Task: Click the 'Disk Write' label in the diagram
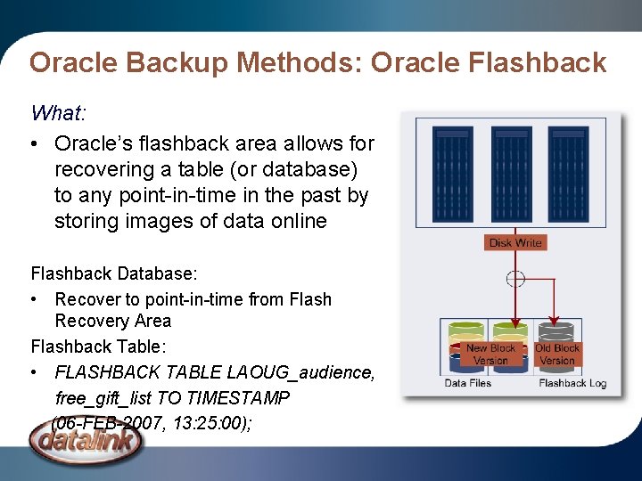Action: pyautogui.click(x=515, y=242)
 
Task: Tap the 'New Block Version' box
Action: pyautogui.click(x=490, y=355)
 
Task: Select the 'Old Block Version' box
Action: pyautogui.click(x=557, y=355)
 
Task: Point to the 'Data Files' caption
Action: pyautogui.click(x=468, y=383)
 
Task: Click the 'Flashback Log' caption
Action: pyautogui.click(x=572, y=383)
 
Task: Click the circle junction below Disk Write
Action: pyautogui.click(x=515, y=279)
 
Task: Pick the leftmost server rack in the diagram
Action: pyautogui.click(x=454, y=174)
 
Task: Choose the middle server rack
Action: pyautogui.click(x=511, y=174)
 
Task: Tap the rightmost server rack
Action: pyautogui.click(x=568, y=174)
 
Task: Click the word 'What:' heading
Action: pyautogui.click(x=59, y=113)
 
